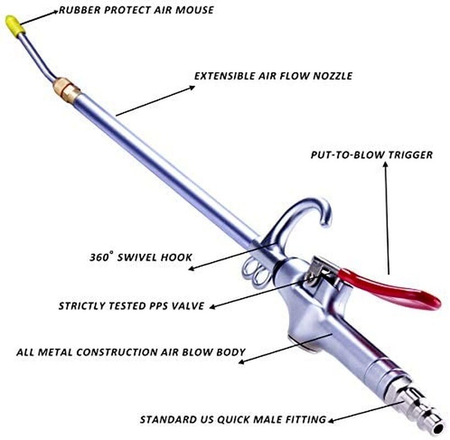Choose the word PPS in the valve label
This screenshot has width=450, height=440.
tap(170, 306)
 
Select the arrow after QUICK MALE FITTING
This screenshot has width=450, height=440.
tap(358, 414)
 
